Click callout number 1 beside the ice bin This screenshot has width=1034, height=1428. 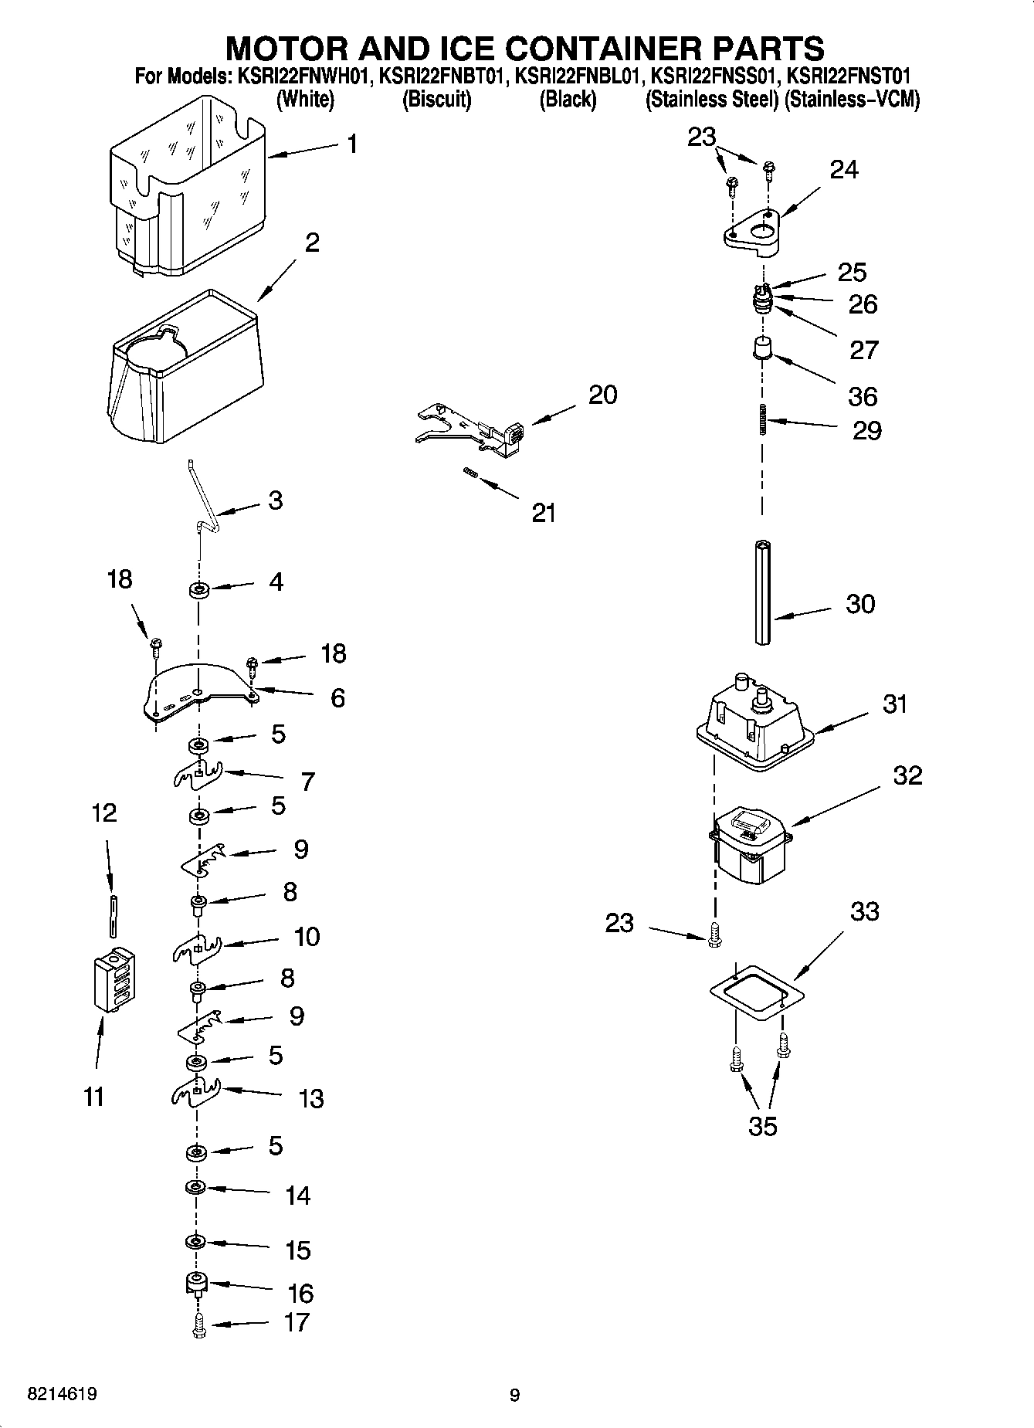click(352, 144)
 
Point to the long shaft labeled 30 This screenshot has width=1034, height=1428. click(764, 592)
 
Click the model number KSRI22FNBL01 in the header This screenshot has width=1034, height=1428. click(578, 76)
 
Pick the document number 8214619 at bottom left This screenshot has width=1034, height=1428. click(62, 1395)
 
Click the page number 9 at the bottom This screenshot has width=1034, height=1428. click(515, 1395)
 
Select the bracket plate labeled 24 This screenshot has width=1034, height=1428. click(754, 231)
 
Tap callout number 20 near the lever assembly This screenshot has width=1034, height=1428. click(602, 395)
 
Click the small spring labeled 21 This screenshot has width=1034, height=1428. click(469, 473)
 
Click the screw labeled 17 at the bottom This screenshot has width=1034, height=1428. click(198, 1326)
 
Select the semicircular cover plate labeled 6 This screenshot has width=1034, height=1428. click(200, 690)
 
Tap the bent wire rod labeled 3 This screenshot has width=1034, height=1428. click(204, 498)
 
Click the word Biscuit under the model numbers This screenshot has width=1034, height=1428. click(436, 100)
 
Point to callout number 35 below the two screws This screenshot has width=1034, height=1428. click(762, 1127)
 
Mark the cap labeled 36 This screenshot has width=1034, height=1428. click(763, 348)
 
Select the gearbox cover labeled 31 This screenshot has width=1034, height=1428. click(754, 717)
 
